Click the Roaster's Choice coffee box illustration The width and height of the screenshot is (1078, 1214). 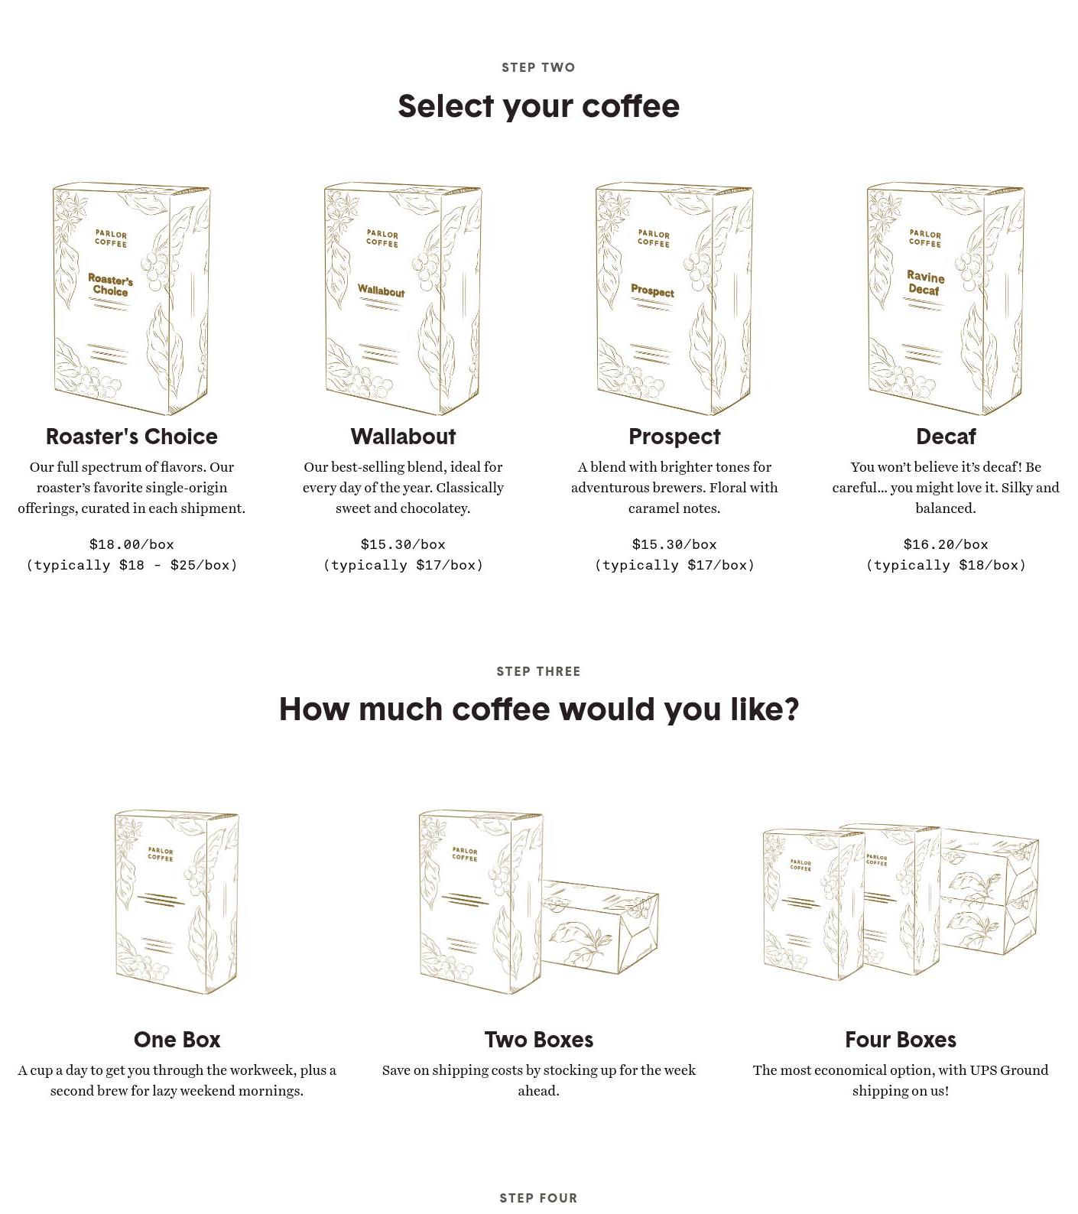pos(132,299)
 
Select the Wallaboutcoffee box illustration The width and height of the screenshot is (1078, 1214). pos(403,299)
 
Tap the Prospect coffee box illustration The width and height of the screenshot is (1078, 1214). pos(674,299)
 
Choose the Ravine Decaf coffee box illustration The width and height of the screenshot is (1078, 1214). pos(946,299)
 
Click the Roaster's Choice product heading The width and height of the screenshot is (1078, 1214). pos(132,437)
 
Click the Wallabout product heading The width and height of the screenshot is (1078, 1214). pos(403,437)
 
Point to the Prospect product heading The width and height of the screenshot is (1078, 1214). pos(674,437)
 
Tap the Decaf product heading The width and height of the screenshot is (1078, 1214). pos(946,437)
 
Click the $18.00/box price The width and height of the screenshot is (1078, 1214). pos(132,544)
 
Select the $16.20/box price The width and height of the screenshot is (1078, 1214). pos(946,544)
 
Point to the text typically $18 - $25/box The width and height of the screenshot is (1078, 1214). pos(132,565)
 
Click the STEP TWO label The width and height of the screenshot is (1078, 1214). pos(538,67)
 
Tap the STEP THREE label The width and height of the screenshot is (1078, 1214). pos(538,671)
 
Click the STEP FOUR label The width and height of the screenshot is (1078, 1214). pos(538,1198)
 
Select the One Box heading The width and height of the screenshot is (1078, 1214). pos(177,1040)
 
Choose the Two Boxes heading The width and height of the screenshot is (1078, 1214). pos(538,1040)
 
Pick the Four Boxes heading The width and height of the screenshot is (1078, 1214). pos(901,1040)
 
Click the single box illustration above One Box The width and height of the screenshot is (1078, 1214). pos(177,903)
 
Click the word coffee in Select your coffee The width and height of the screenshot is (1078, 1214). pos(631,106)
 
